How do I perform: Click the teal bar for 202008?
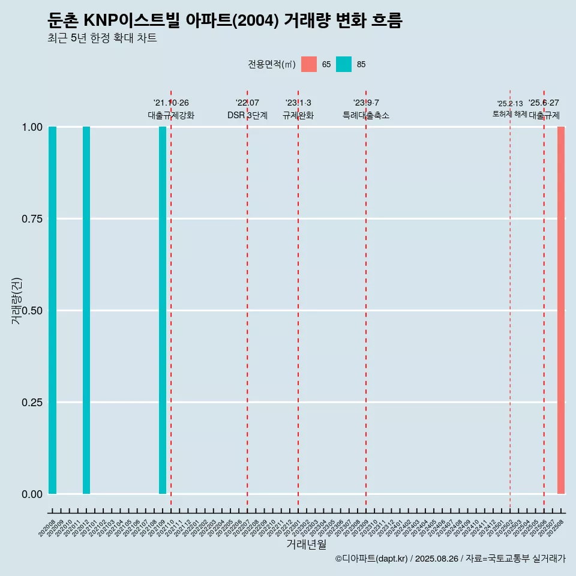coord(53,310)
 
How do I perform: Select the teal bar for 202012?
coord(86,310)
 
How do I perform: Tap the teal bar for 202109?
coord(163,310)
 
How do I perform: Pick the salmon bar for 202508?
coord(561,310)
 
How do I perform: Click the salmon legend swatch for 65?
coord(309,64)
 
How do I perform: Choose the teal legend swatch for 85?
coord(344,64)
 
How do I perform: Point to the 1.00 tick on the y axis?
coord(32,127)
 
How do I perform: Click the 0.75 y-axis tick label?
coord(32,219)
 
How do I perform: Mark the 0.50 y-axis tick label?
coord(32,311)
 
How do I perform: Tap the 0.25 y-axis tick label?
coord(32,403)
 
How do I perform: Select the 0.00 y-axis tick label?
coord(32,494)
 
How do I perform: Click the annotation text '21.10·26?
coord(171,103)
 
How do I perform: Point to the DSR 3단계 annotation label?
coord(247,115)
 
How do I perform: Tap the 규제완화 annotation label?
coord(298,115)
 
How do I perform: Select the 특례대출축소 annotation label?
coord(366,115)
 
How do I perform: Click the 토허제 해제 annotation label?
coord(509,114)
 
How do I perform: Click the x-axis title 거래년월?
coord(306,545)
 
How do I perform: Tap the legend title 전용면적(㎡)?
coord(272,64)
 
